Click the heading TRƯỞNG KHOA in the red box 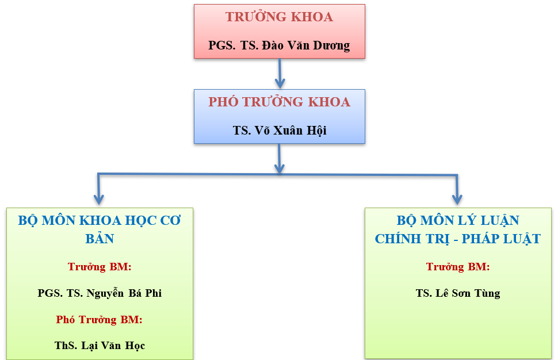(280, 17)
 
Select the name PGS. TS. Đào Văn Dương (280, 45)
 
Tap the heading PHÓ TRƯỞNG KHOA (280, 102)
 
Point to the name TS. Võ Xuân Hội (280, 130)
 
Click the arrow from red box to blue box (280, 74)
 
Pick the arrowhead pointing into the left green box (98, 200)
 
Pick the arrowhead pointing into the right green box (457, 200)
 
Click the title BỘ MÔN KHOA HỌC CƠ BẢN (100, 229)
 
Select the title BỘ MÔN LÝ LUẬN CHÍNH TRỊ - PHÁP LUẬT (458, 229)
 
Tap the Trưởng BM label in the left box (100, 266)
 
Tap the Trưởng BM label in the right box (458, 266)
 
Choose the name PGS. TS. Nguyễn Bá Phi (100, 293)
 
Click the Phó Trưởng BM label (100, 319)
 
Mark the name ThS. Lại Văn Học (100, 346)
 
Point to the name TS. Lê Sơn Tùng (458, 293)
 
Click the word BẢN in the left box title (100, 238)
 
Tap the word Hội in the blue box (317, 131)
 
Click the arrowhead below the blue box (280, 168)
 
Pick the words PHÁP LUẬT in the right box (502, 239)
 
